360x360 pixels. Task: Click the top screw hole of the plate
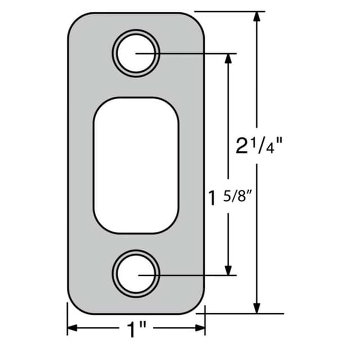pos(136,53)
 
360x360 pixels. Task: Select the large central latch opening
pos(136,165)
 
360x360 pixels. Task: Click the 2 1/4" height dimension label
pos(258,147)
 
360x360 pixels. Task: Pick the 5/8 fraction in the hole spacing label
pos(238,198)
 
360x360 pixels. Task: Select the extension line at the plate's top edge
pos(231,11)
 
